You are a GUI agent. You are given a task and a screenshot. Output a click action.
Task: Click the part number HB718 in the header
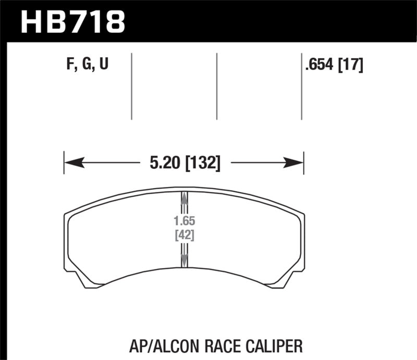(72, 21)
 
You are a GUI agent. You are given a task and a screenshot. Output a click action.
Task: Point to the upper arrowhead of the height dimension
(183, 198)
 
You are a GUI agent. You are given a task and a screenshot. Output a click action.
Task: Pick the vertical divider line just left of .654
(302, 86)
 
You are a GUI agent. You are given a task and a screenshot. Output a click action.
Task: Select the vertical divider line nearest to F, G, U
(131, 86)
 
